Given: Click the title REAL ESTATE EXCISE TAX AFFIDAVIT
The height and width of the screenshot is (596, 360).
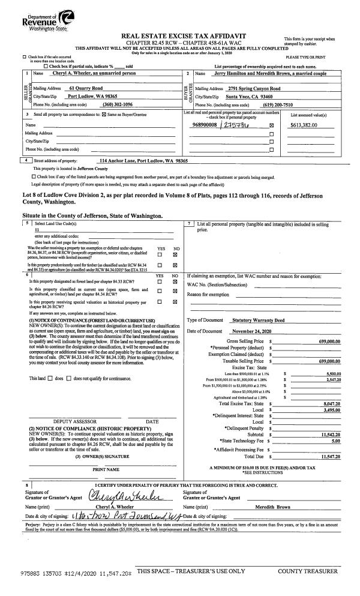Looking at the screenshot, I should coord(179,36).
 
